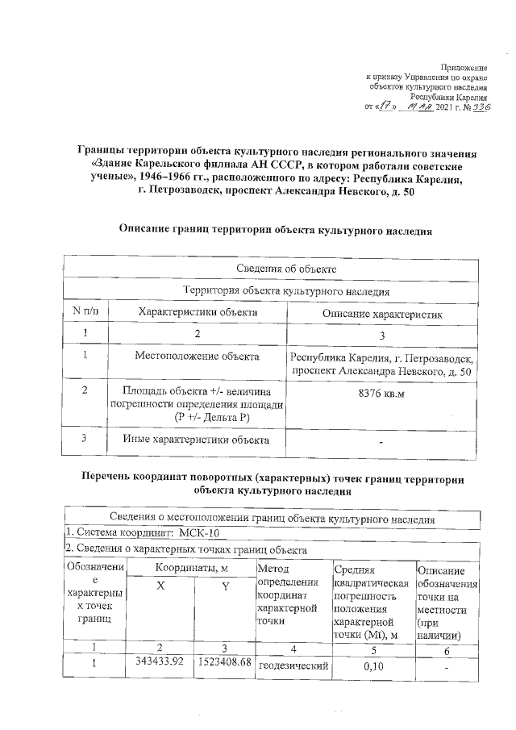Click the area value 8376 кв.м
(380, 393)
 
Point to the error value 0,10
(372, 667)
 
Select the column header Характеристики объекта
(198, 311)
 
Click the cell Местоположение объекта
(198, 355)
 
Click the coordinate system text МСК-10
(196, 533)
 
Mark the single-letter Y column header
(225, 587)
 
